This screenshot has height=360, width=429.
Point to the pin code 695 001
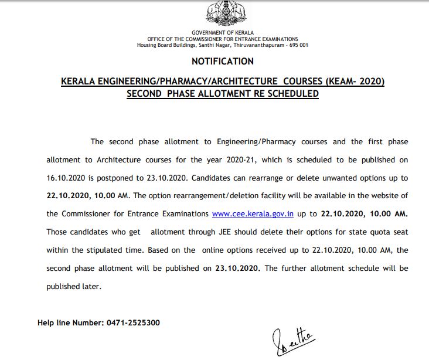(x=297, y=45)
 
